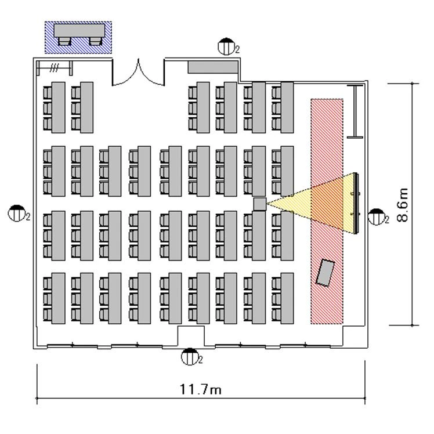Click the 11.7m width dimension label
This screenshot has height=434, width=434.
200,389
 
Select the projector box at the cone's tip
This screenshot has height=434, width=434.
259,203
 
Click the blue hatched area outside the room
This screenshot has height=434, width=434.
78,37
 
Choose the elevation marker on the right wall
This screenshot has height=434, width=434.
377,217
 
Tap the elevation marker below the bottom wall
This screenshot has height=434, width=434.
190,357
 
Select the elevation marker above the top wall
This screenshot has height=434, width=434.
226,46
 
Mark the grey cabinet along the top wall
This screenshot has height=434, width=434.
212,67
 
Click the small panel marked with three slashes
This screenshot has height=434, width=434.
55,68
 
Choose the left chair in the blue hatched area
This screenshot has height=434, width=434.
65,41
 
